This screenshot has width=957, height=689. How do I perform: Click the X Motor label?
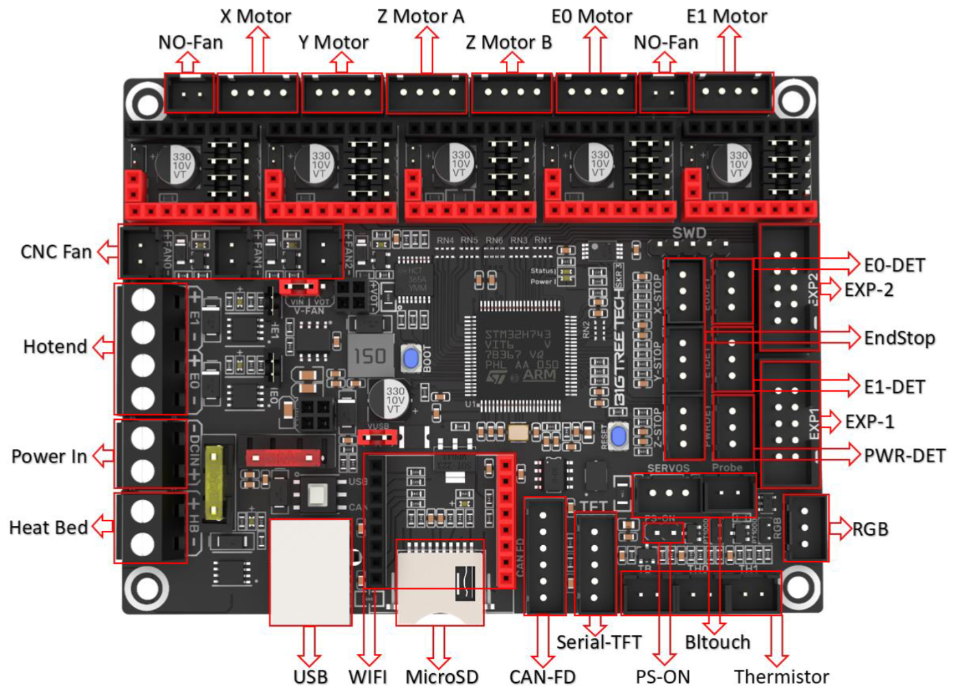[x=255, y=16]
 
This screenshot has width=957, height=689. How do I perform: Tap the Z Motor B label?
[x=509, y=42]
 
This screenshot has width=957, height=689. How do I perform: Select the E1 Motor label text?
[x=726, y=16]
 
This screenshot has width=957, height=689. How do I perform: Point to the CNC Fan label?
[x=56, y=252]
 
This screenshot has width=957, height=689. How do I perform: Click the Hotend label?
[x=55, y=347]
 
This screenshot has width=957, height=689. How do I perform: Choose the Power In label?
[x=49, y=456]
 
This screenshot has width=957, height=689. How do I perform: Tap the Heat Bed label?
[x=48, y=527]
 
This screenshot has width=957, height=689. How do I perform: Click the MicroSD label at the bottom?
[x=442, y=677]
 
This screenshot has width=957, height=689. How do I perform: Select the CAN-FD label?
[x=542, y=677]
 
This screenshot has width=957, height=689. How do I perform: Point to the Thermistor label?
[x=781, y=677]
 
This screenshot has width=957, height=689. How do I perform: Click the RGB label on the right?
[x=870, y=529]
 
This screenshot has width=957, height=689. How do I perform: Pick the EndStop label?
[x=899, y=338]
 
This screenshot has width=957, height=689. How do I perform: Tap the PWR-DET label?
[x=904, y=455]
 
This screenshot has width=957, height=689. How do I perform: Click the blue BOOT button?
[x=411, y=358]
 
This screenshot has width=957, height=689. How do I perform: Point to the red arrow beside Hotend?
[x=103, y=347]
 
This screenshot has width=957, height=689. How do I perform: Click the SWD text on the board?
[x=689, y=233]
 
